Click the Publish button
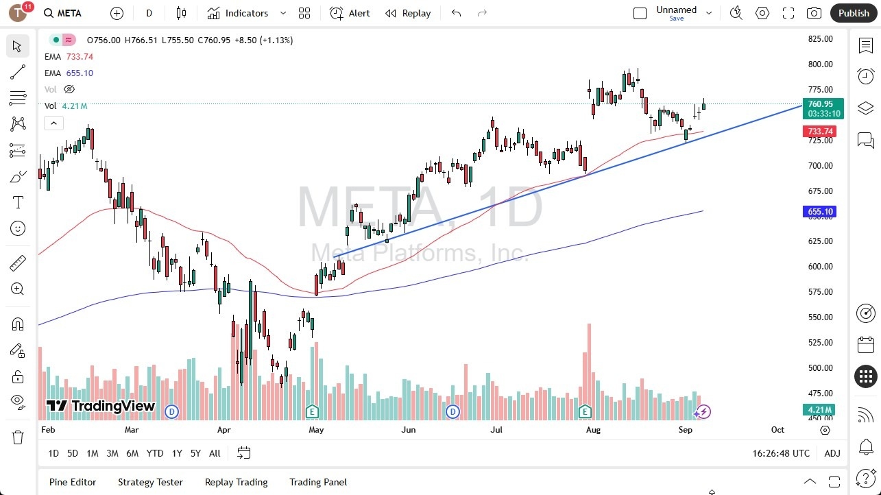pyautogui.click(x=854, y=13)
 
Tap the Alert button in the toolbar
pyautogui.click(x=350, y=13)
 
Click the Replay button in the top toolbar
pyautogui.click(x=408, y=13)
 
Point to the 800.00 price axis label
pyautogui.click(x=820, y=64)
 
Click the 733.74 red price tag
pyautogui.click(x=820, y=132)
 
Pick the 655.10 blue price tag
pyautogui.click(x=820, y=212)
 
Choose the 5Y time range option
pyautogui.click(x=195, y=453)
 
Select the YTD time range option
pyautogui.click(x=155, y=453)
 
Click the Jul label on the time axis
pyautogui.click(x=496, y=430)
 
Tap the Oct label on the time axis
pyautogui.click(x=777, y=430)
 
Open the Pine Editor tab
pyautogui.click(x=73, y=482)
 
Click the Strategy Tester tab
pyautogui.click(x=150, y=482)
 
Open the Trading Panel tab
pyautogui.click(x=318, y=482)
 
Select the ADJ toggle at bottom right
pyautogui.click(x=832, y=453)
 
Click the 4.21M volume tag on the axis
pyautogui.click(x=820, y=410)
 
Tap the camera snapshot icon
pyautogui.click(x=814, y=13)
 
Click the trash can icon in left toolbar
pyautogui.click(x=18, y=437)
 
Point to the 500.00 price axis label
pyautogui.click(x=820, y=368)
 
